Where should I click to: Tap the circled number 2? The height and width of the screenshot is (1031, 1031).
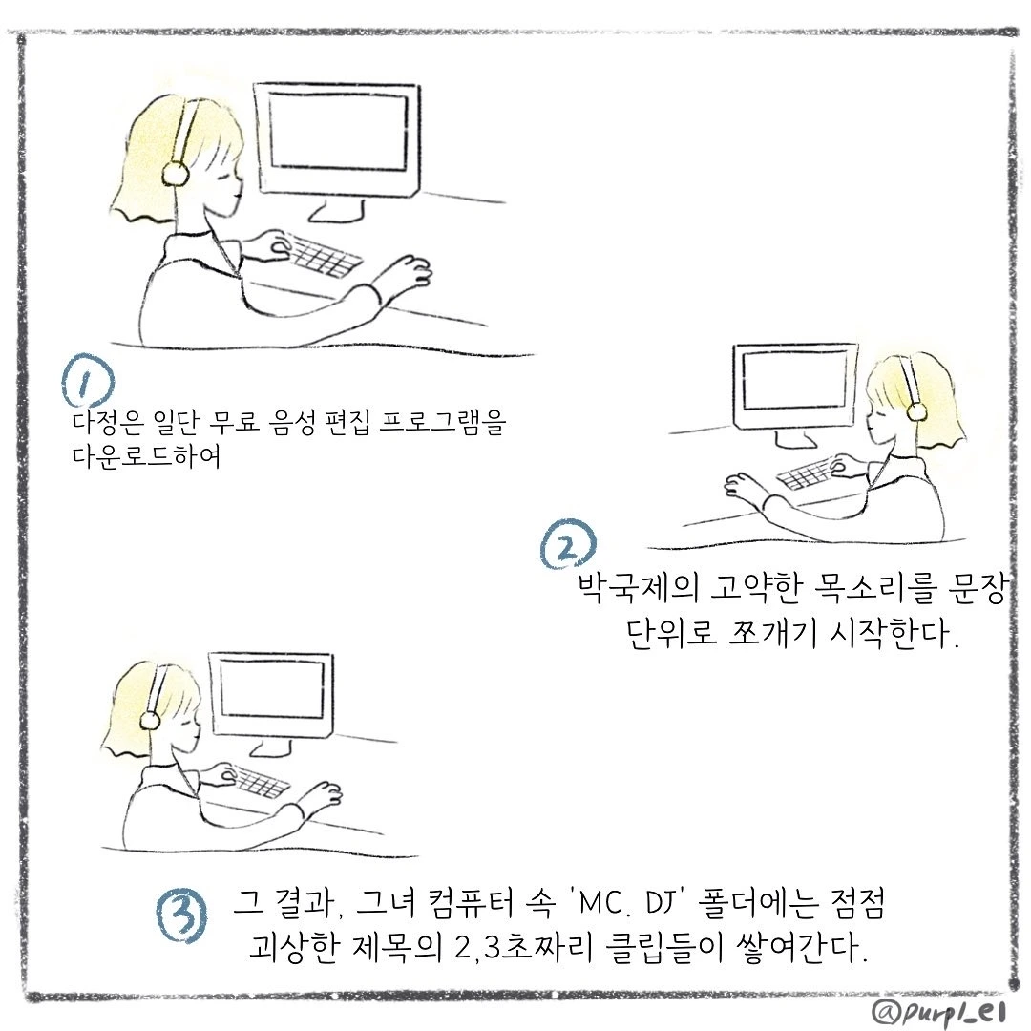point(569,544)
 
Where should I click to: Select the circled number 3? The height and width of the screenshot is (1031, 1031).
point(180,915)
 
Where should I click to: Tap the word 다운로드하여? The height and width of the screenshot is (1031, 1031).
point(146,456)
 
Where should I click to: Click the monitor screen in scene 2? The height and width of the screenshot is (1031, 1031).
point(794,379)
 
